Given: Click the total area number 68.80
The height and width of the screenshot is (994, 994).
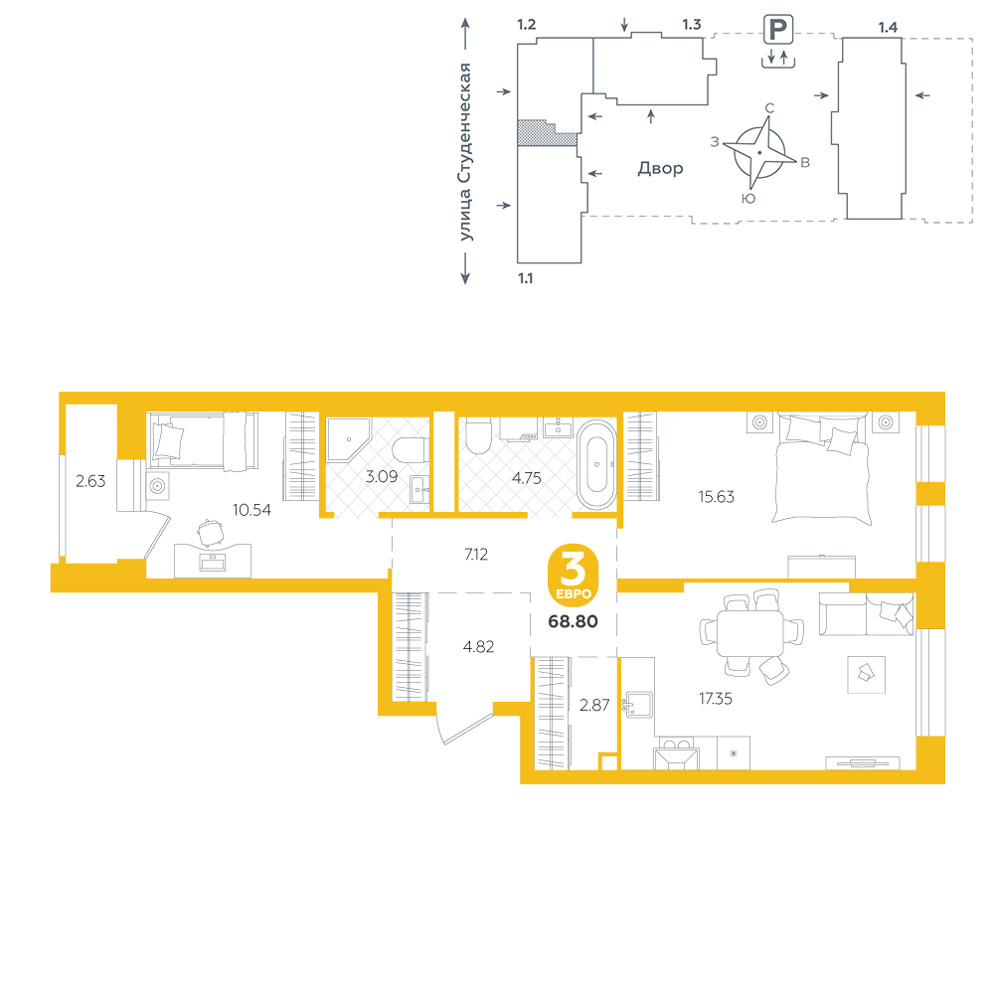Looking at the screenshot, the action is pos(574,621).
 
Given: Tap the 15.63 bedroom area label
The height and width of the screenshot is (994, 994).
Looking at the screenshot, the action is pos(717,497).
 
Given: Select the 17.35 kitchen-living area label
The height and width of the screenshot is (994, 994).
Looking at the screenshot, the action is pos(715,699).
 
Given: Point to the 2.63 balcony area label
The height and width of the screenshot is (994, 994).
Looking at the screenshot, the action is pos(90,481).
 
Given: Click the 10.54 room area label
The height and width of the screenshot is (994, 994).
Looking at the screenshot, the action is pos(251,510).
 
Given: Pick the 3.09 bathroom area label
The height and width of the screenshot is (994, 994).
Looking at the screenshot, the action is pos(382,476).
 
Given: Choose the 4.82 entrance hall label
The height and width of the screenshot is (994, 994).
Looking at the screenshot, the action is pos(479,647).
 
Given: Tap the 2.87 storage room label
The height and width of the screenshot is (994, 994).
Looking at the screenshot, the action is pos(594,705).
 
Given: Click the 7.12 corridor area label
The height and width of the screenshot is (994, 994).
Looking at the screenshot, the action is pos(476,554).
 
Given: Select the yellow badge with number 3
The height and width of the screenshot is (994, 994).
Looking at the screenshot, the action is pos(574,575).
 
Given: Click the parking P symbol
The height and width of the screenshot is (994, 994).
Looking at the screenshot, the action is pos(778,30).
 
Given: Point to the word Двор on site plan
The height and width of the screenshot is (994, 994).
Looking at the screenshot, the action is pos(661,169).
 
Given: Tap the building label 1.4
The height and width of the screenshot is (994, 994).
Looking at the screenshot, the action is pos(888,27).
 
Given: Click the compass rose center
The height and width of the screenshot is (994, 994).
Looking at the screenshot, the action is pos(759,153).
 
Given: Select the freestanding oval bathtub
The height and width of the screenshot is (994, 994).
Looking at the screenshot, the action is pos(596,464).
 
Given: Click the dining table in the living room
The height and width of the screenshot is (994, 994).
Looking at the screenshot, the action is pos(749,634).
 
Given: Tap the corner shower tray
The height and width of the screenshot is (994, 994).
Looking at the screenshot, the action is pos(348,440).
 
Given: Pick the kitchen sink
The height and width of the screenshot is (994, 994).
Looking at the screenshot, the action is pos(638,705).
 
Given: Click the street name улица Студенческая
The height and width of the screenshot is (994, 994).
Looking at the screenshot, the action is pos(465,152).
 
